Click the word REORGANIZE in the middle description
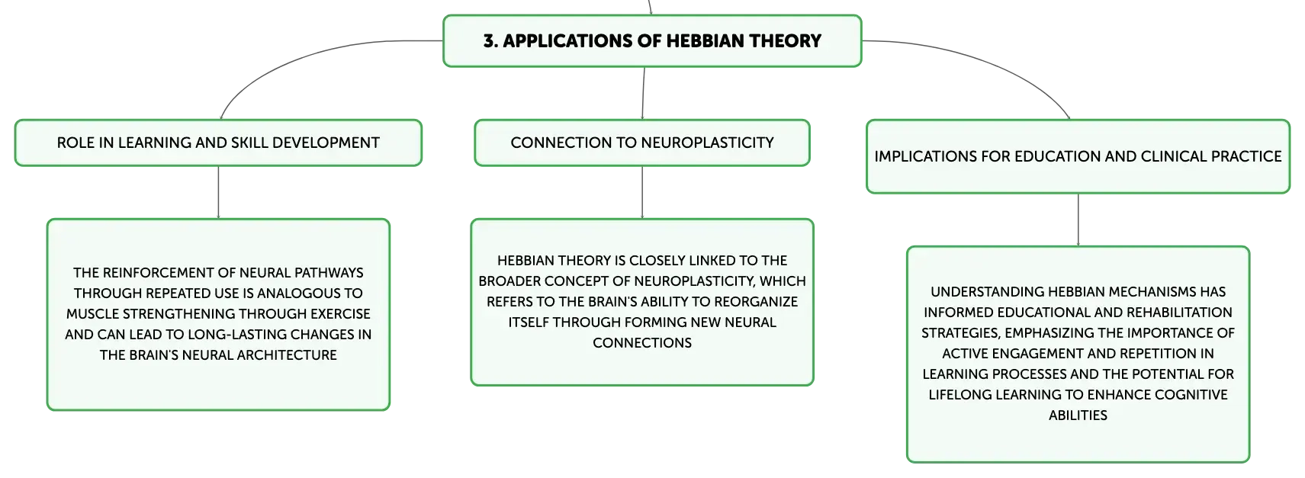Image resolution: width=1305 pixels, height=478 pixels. tap(756, 302)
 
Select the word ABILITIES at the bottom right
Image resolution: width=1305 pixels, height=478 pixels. tap(1078, 415)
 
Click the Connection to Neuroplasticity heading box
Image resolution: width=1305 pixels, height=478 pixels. tap(642, 143)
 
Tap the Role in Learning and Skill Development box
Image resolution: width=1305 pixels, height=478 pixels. tap(218, 143)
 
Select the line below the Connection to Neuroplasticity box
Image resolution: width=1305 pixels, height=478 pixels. tap(642, 192)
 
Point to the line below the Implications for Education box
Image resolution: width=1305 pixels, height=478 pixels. tap(1078, 220)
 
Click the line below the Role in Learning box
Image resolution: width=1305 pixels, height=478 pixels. tap(218, 192)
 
